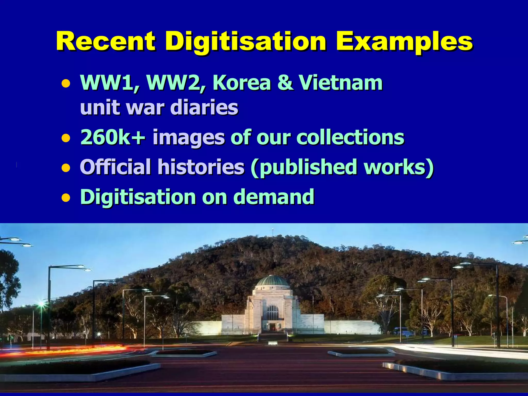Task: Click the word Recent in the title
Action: (106, 41)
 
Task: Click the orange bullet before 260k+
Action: (66, 138)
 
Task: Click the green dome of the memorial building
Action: (273, 280)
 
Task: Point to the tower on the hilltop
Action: (273, 230)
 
